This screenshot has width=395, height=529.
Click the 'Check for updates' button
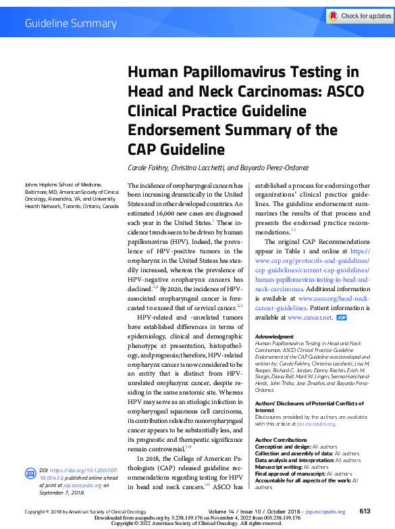click(x=359, y=16)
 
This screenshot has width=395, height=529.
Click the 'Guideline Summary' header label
click(x=71, y=24)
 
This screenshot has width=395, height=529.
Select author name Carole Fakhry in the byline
click(x=148, y=168)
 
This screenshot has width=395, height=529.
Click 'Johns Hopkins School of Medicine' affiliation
click(x=63, y=184)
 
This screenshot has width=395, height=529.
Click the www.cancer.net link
click(x=310, y=317)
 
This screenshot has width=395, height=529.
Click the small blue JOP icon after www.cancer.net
click(x=342, y=317)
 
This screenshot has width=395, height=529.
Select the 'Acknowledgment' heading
click(x=274, y=336)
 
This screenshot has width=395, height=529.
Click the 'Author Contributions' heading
click(x=281, y=440)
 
